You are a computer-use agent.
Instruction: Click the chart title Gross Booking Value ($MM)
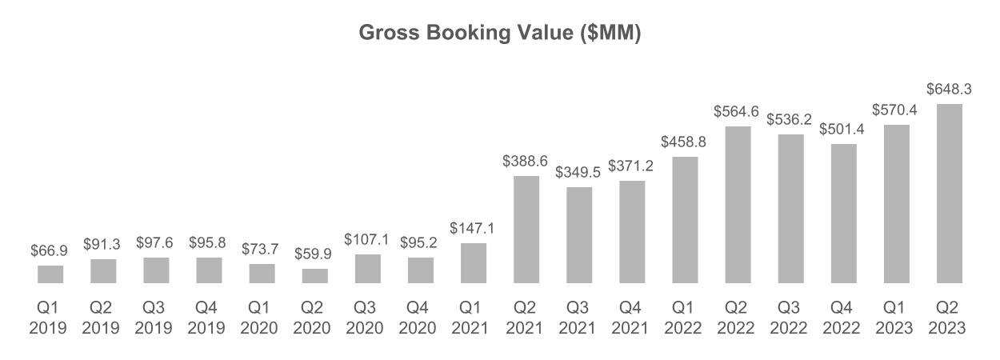click(x=499, y=34)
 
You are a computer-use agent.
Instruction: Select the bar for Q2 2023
click(x=949, y=194)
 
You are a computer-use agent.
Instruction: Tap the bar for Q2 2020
click(x=314, y=276)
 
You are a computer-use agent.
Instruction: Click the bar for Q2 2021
click(x=526, y=230)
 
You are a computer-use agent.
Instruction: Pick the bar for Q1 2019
click(x=50, y=274)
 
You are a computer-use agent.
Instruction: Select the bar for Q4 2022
click(x=843, y=214)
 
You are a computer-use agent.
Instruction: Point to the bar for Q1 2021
click(x=473, y=263)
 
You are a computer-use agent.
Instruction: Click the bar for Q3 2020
click(x=367, y=269)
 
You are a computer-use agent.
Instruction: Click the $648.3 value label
click(x=949, y=90)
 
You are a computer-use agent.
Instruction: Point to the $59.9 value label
click(x=314, y=254)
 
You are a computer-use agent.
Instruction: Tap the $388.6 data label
click(x=526, y=161)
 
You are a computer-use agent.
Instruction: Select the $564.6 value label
click(x=737, y=111)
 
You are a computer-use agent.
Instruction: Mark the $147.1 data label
click(x=473, y=229)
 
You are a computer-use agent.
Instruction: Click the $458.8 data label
click(x=684, y=142)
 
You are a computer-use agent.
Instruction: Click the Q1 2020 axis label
click(x=262, y=318)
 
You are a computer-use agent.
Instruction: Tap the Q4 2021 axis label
click(x=631, y=318)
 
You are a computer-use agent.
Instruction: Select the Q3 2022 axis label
click(x=790, y=318)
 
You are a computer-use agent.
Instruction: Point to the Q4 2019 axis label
click(x=209, y=318)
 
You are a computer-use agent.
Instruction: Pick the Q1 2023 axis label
click(x=896, y=318)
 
